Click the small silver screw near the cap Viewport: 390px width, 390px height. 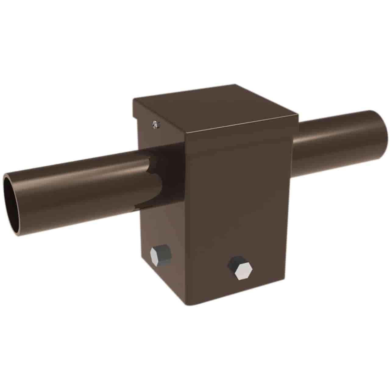point(156,124)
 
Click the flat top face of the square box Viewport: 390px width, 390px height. point(213,105)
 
